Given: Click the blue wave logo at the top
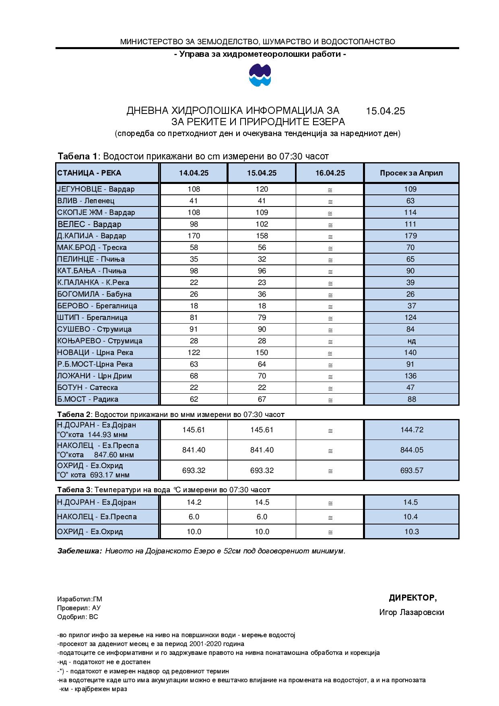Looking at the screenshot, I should tap(260, 76).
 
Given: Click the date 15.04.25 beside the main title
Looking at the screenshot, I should tap(385, 111).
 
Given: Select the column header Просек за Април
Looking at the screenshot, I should tap(411, 173).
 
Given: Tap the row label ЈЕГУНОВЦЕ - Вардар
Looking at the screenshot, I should tap(96, 189).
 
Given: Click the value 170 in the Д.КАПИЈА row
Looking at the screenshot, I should tap(194, 236).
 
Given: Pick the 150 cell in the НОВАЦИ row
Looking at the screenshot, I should tap(262, 353).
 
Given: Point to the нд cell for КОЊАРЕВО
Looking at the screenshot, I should tap(412, 341).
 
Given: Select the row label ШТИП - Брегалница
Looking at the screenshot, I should tap(92, 318).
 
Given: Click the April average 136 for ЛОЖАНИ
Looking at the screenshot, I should tap(410, 376).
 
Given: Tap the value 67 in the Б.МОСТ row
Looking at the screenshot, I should tap(262, 399).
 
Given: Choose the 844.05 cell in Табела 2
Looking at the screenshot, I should tap(412, 450).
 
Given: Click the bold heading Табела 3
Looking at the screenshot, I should tap(74, 490).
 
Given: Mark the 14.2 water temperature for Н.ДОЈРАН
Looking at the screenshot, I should tap(194, 502).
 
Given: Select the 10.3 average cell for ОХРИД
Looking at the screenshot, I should tap(412, 532).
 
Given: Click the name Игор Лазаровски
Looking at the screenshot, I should tap(411, 613).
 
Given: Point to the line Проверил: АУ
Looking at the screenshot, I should tap(79, 608).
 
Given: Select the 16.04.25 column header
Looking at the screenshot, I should tap(330, 173).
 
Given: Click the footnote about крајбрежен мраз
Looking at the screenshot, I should tap(93, 689).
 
